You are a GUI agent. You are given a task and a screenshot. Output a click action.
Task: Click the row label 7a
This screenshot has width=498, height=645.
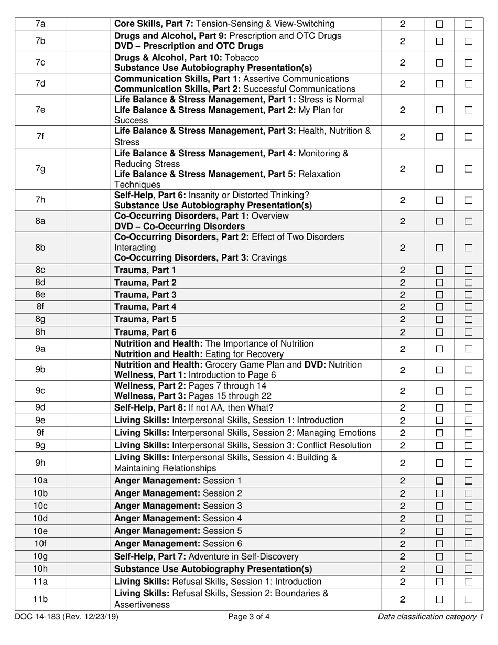coord(40,24)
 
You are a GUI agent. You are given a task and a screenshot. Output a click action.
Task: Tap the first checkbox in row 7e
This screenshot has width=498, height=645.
coord(440,110)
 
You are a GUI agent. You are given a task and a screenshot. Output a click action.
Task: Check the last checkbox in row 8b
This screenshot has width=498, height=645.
coord(469,248)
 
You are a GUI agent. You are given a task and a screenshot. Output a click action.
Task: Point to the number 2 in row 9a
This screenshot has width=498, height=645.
coord(403,349)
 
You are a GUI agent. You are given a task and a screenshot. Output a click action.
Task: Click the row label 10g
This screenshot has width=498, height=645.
coord(40,556)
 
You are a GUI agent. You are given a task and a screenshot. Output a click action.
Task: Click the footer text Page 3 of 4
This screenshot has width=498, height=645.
coord(249,617)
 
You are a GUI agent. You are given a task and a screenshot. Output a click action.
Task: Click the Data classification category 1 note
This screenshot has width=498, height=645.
coord(430,617)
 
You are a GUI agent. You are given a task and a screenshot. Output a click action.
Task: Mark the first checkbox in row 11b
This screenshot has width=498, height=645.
coord(440,599)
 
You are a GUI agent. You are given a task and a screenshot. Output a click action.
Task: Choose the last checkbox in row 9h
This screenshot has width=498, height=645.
coord(469,463)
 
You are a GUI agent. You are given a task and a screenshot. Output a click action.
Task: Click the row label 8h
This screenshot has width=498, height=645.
coord(40,332)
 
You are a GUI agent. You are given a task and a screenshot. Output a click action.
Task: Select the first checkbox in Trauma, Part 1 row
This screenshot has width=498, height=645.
coord(440,271)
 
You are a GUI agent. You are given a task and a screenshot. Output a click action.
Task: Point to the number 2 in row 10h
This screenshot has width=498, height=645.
coord(403,569)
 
